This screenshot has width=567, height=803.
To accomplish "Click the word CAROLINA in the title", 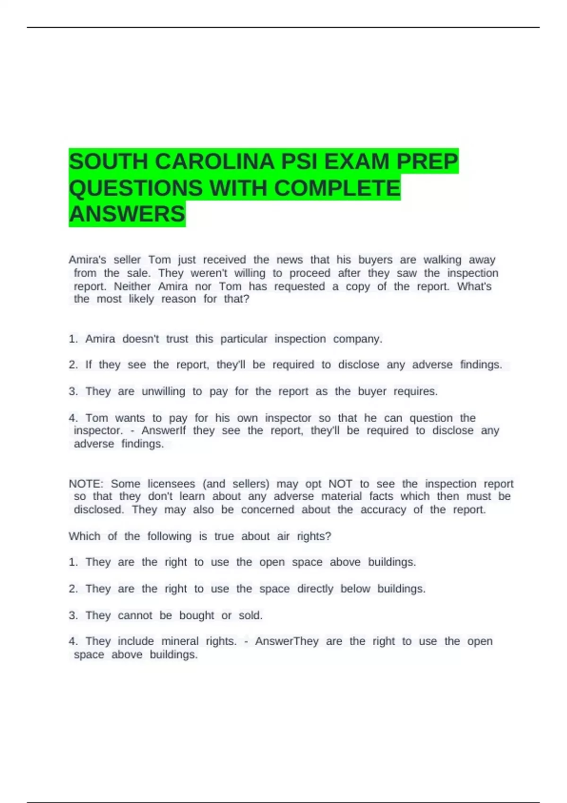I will [x=215, y=162].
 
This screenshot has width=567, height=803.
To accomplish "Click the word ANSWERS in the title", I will [x=127, y=214].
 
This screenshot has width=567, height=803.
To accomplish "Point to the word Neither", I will [x=132, y=286].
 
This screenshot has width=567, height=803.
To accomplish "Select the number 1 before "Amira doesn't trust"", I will [x=72, y=339].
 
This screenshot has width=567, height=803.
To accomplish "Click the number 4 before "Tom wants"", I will [x=72, y=418].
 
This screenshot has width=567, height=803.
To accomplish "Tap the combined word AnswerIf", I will [x=163, y=431].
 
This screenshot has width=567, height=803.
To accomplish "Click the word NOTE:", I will [x=86, y=484].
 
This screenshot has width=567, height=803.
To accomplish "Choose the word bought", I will [x=197, y=615].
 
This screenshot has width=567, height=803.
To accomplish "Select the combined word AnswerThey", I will [x=287, y=641].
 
